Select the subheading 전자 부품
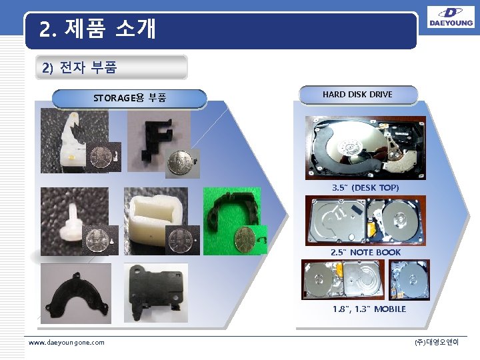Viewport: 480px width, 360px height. (79, 67)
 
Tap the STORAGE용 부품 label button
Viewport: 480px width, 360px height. (129, 99)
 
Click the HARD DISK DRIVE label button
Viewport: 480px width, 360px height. (357, 95)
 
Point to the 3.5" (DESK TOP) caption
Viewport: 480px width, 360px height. (365, 188)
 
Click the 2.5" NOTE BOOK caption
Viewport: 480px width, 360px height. (365, 253)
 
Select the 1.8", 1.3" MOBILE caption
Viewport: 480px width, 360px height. (369, 309)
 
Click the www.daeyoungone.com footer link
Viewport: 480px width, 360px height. (67, 342)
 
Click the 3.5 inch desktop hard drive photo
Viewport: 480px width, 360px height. (365, 147)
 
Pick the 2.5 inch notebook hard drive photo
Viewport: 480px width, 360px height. (365, 221)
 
